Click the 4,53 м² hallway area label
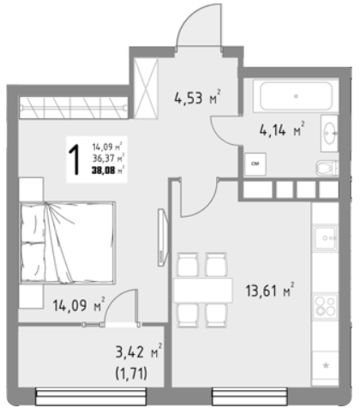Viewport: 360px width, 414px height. (197, 97)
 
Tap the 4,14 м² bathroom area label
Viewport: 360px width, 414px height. (282, 129)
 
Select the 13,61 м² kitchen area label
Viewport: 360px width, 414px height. (270, 290)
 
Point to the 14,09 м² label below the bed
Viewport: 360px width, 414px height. (79, 304)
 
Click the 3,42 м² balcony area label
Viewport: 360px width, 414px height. (139, 351)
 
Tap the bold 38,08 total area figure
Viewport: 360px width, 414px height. (103, 171)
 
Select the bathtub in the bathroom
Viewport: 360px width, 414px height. (296, 96)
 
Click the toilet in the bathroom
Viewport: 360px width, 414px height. (327, 168)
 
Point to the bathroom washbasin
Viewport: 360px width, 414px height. (330, 133)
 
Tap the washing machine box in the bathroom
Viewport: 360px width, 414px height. (255, 164)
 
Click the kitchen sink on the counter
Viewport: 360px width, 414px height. (325, 237)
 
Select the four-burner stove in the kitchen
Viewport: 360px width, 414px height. (325, 306)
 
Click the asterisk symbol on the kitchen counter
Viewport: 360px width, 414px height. (326, 365)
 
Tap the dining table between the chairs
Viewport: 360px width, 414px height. (203, 290)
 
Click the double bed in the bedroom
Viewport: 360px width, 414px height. (68, 243)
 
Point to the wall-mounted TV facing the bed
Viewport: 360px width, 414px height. (163, 237)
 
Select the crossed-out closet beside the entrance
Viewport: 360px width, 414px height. (146, 88)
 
